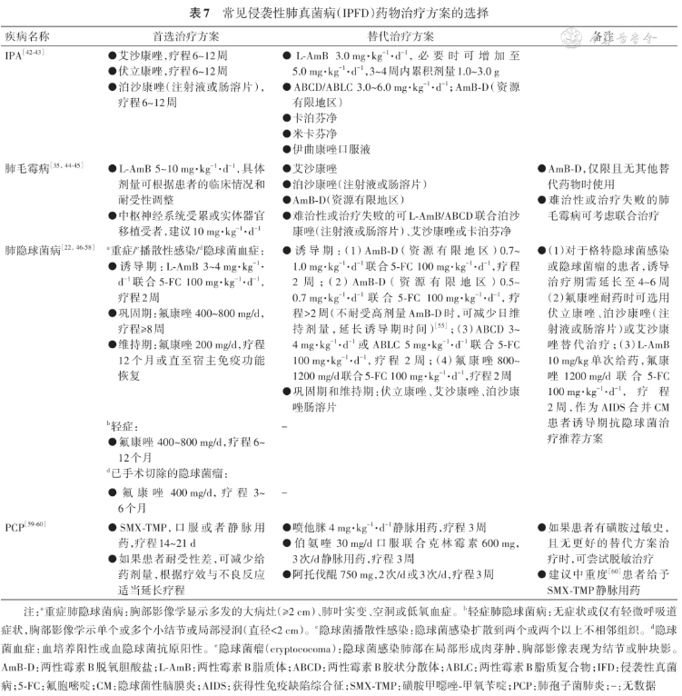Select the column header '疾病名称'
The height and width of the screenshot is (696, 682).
[28, 37]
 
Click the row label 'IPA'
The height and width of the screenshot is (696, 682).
[14, 55]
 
